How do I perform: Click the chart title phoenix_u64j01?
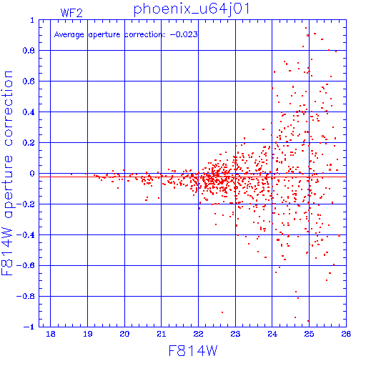[192, 9]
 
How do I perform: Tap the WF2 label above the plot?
[71, 13]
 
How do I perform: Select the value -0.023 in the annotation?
[184, 34]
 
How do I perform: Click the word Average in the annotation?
[69, 35]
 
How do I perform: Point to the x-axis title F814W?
[193, 350]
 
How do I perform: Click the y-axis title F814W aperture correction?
[7, 173]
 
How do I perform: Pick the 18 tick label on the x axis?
[51, 334]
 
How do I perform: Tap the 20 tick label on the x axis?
[124, 334]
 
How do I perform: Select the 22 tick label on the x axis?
[198, 334]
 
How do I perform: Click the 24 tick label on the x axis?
[272, 334]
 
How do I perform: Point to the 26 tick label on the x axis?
[346, 334]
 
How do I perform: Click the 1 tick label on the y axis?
[32, 20]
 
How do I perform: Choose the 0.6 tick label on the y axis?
[29, 81]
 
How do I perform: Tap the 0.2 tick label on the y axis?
[29, 143]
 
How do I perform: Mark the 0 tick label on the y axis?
[32, 174]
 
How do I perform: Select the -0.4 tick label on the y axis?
[26, 235]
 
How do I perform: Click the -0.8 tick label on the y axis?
[26, 296]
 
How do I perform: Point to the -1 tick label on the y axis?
[29, 327]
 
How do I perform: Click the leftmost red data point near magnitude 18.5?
[71, 174]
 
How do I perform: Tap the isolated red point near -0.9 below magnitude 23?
[222, 312]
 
